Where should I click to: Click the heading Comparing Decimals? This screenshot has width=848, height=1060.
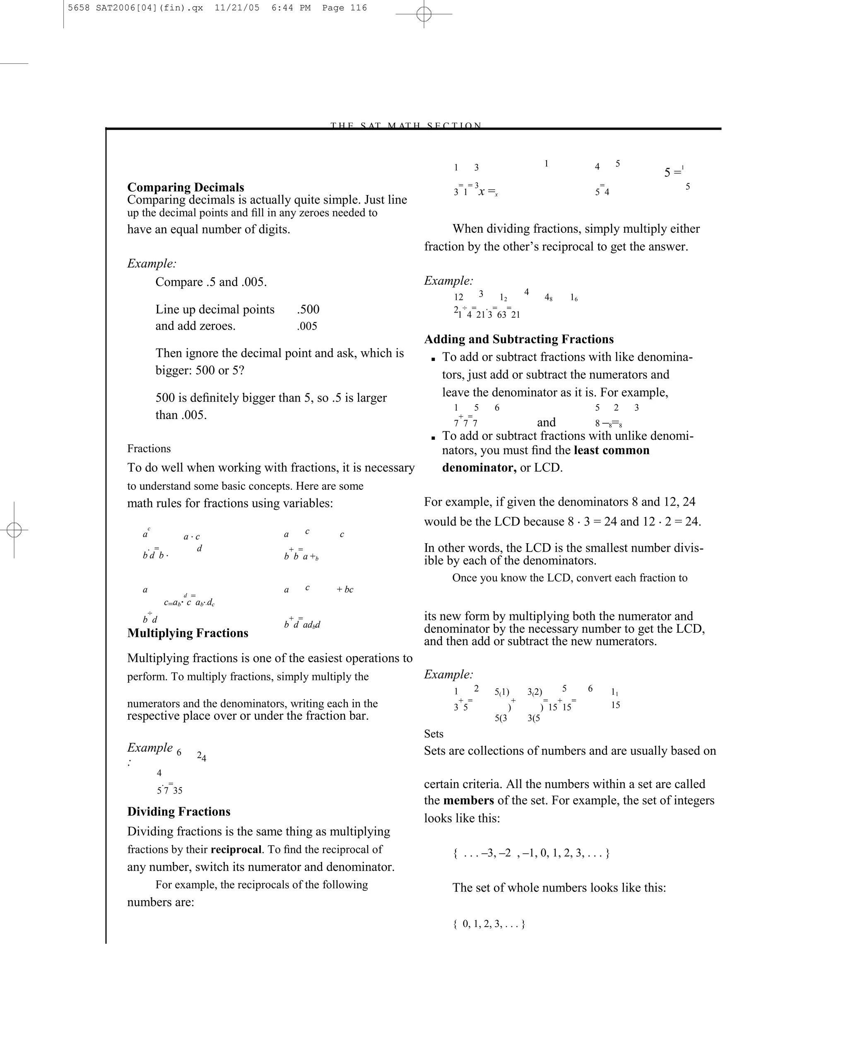coord(185,187)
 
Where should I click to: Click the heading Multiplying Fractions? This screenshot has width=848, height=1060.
coord(188,633)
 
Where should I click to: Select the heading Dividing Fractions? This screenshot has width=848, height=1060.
coord(178,811)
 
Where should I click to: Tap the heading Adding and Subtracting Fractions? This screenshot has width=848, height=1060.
coord(519,339)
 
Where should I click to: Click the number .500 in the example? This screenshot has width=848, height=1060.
coord(308,309)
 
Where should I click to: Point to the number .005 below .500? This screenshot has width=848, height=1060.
coord(307,326)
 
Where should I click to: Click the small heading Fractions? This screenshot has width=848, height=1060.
coord(149,448)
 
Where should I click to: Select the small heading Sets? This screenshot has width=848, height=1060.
coord(433,734)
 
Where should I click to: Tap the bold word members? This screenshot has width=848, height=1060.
coord(468,800)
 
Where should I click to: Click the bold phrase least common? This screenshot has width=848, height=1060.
coord(611,450)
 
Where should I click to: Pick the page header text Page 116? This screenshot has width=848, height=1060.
coord(344,8)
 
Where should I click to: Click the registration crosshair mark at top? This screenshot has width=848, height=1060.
coord(424,14)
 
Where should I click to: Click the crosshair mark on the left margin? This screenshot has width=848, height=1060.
coord(14,530)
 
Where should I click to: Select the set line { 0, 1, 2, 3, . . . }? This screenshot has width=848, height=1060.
coord(489,924)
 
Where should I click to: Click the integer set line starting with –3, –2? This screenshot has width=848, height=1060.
coord(531,853)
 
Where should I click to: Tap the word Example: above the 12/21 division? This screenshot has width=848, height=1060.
coord(448,281)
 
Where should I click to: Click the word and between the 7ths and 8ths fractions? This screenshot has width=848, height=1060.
coord(546,422)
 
